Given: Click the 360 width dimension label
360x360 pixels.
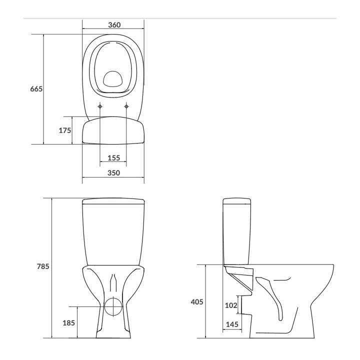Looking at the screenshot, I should (114, 25).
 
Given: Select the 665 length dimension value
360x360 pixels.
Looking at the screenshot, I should (35, 89).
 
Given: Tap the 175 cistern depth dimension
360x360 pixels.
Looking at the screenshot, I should (64, 130).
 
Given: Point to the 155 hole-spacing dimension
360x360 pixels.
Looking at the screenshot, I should (113, 158).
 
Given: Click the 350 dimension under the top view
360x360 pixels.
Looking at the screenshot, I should (114, 173).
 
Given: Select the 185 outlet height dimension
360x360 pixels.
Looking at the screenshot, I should (68, 323).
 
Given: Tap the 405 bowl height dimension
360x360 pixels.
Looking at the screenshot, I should (196, 301).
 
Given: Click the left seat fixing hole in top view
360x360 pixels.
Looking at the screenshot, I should (100, 106).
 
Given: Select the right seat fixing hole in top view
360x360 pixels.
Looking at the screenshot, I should (126, 106).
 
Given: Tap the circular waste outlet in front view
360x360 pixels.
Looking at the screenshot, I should (113, 305).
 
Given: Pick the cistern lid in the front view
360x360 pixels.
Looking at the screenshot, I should (113, 201).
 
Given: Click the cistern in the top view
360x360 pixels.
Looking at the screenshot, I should (113, 131).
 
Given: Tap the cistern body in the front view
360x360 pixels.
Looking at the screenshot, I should (113, 235).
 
